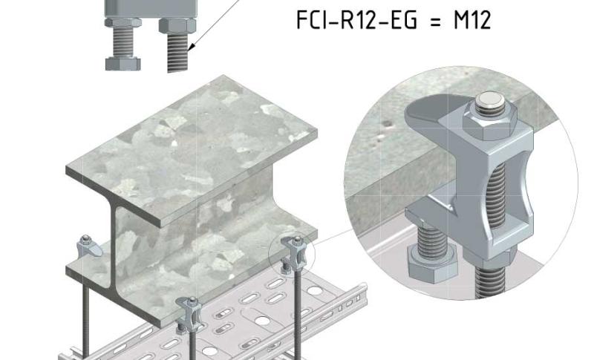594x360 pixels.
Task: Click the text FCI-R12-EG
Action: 356,20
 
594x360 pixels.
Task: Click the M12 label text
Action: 472,20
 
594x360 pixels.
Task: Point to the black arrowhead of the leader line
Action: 192,46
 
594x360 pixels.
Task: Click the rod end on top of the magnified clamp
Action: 490,100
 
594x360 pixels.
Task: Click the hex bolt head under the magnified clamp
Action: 432,263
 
